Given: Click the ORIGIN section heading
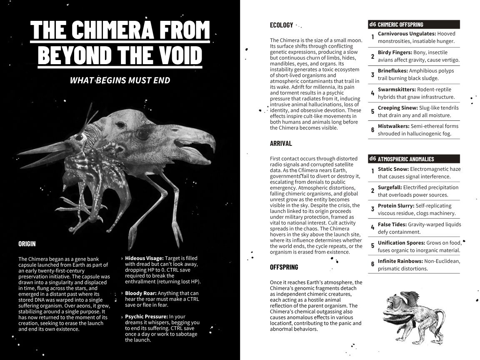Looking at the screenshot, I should [27, 244].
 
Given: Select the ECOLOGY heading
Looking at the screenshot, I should [281, 25].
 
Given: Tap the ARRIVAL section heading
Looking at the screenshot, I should [281, 143].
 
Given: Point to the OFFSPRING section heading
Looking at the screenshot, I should [284, 267].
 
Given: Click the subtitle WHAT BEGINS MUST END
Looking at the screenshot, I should [120, 80].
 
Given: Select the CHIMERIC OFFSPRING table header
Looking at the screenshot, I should [400, 25].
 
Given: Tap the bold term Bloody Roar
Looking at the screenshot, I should [141, 293].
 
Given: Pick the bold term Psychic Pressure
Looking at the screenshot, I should [146, 317].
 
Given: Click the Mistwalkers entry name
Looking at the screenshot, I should [393, 126].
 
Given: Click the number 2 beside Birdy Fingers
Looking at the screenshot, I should [372, 57].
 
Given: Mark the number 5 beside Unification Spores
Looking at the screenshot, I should [372, 246].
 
